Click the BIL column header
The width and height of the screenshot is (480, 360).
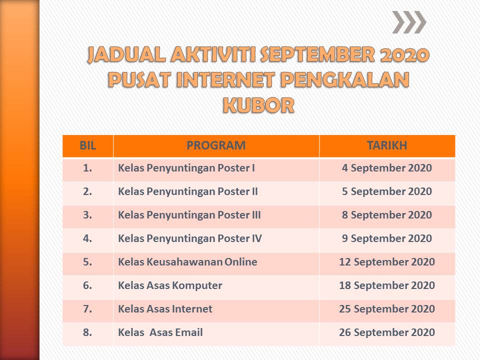click(x=87, y=145)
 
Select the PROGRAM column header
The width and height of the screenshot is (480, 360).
click(x=216, y=145)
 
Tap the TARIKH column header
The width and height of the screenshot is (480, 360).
click(x=386, y=145)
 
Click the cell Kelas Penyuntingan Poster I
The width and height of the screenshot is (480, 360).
click(x=186, y=168)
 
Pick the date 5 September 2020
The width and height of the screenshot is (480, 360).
click(x=386, y=191)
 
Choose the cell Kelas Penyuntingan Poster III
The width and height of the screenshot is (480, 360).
click(x=189, y=215)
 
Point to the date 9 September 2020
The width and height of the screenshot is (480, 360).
click(x=386, y=238)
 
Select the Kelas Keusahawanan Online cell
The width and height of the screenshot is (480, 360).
click(x=187, y=262)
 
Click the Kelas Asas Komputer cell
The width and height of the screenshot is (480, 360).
click(x=170, y=285)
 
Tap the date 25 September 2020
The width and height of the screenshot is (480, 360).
click(x=386, y=309)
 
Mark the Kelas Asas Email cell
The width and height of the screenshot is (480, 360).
click(x=160, y=332)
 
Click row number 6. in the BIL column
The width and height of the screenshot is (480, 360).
click(x=87, y=285)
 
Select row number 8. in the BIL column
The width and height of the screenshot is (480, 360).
click(x=87, y=332)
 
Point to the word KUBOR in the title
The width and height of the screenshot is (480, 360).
click(x=258, y=104)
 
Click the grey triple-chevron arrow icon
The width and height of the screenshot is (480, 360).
click(x=409, y=22)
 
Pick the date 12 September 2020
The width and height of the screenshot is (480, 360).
click(x=386, y=262)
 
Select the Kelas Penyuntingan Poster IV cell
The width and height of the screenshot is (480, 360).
click(x=190, y=238)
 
